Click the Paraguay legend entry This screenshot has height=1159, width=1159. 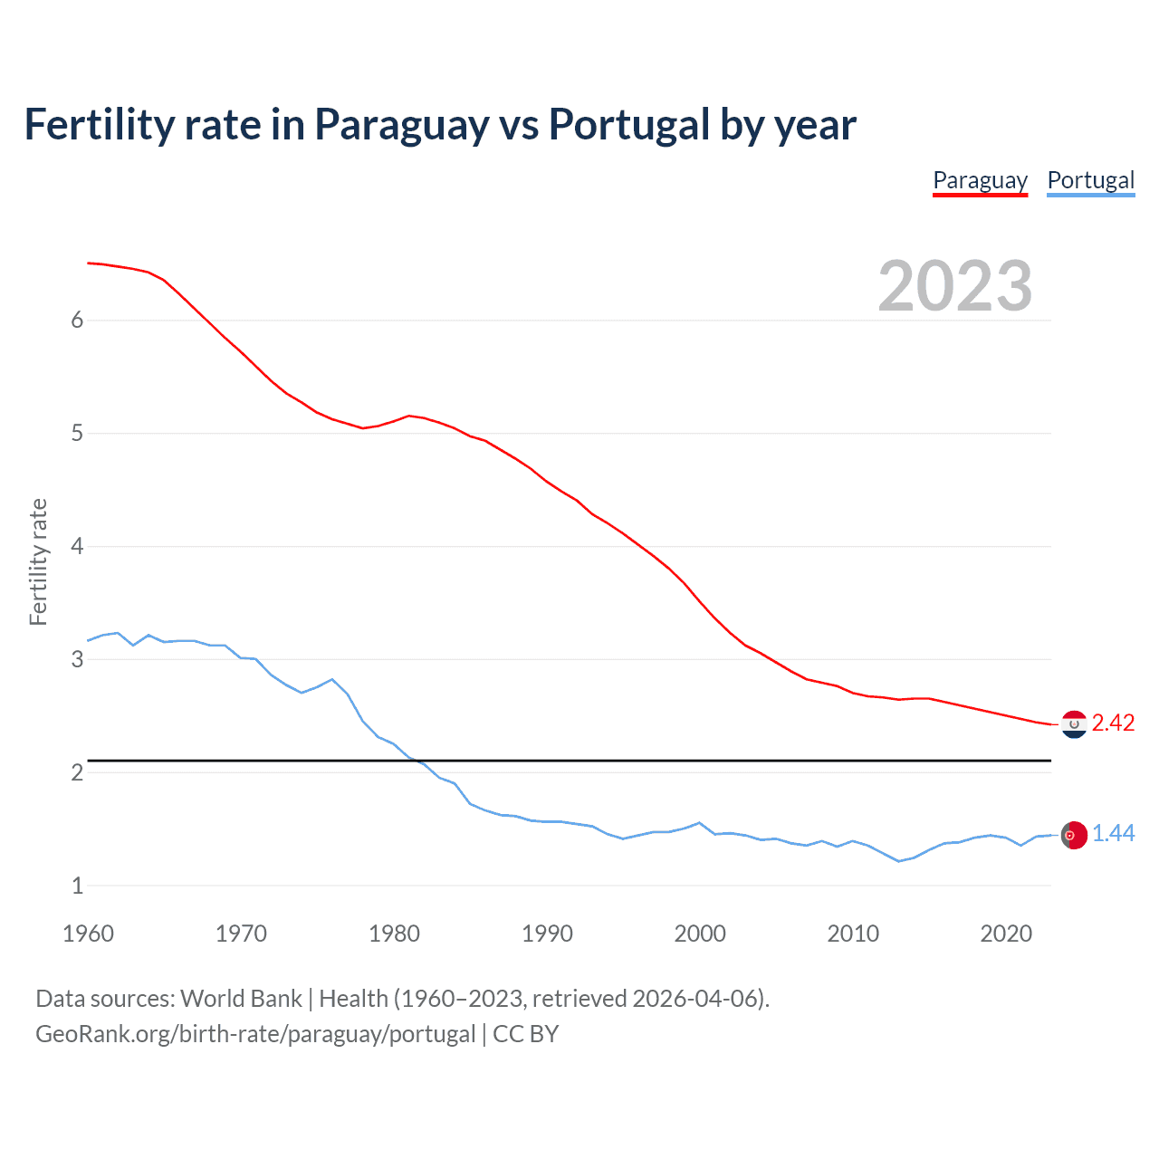[980, 180]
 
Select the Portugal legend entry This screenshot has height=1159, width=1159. [1090, 180]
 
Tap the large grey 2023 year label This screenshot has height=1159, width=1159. [954, 286]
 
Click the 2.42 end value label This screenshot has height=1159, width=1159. [1113, 723]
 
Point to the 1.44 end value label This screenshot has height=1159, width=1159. [1113, 833]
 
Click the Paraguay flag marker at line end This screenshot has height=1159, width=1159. [1074, 724]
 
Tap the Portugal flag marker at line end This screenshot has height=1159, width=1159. [1074, 835]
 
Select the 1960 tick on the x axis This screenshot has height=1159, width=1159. [88, 934]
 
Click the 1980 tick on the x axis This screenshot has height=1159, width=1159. [394, 934]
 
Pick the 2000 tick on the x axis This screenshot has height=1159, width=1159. [700, 934]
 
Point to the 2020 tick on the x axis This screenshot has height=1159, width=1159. [1006, 934]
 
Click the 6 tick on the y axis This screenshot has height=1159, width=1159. [77, 320]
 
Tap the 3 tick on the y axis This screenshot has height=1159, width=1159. [77, 659]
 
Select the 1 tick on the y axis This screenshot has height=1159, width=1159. [77, 886]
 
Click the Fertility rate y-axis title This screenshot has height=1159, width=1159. [38, 561]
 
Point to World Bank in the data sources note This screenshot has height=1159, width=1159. [241, 999]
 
